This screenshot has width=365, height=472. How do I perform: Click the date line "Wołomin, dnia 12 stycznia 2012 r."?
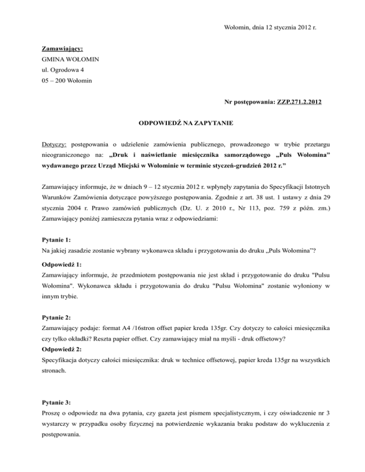point(264,28)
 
